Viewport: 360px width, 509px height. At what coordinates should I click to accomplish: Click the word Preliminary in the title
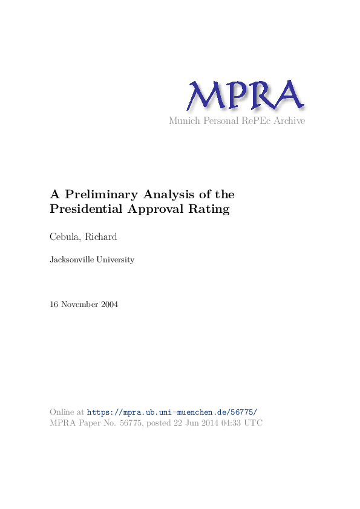[x=101, y=195]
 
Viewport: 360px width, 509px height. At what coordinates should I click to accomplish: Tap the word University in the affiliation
[x=116, y=260]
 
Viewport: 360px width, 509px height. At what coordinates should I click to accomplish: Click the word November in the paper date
[x=79, y=304]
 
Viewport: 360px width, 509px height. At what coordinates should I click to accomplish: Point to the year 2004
[x=108, y=304]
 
